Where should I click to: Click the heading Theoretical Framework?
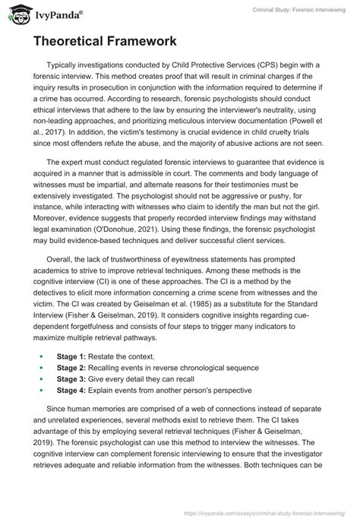[x=109, y=43]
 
